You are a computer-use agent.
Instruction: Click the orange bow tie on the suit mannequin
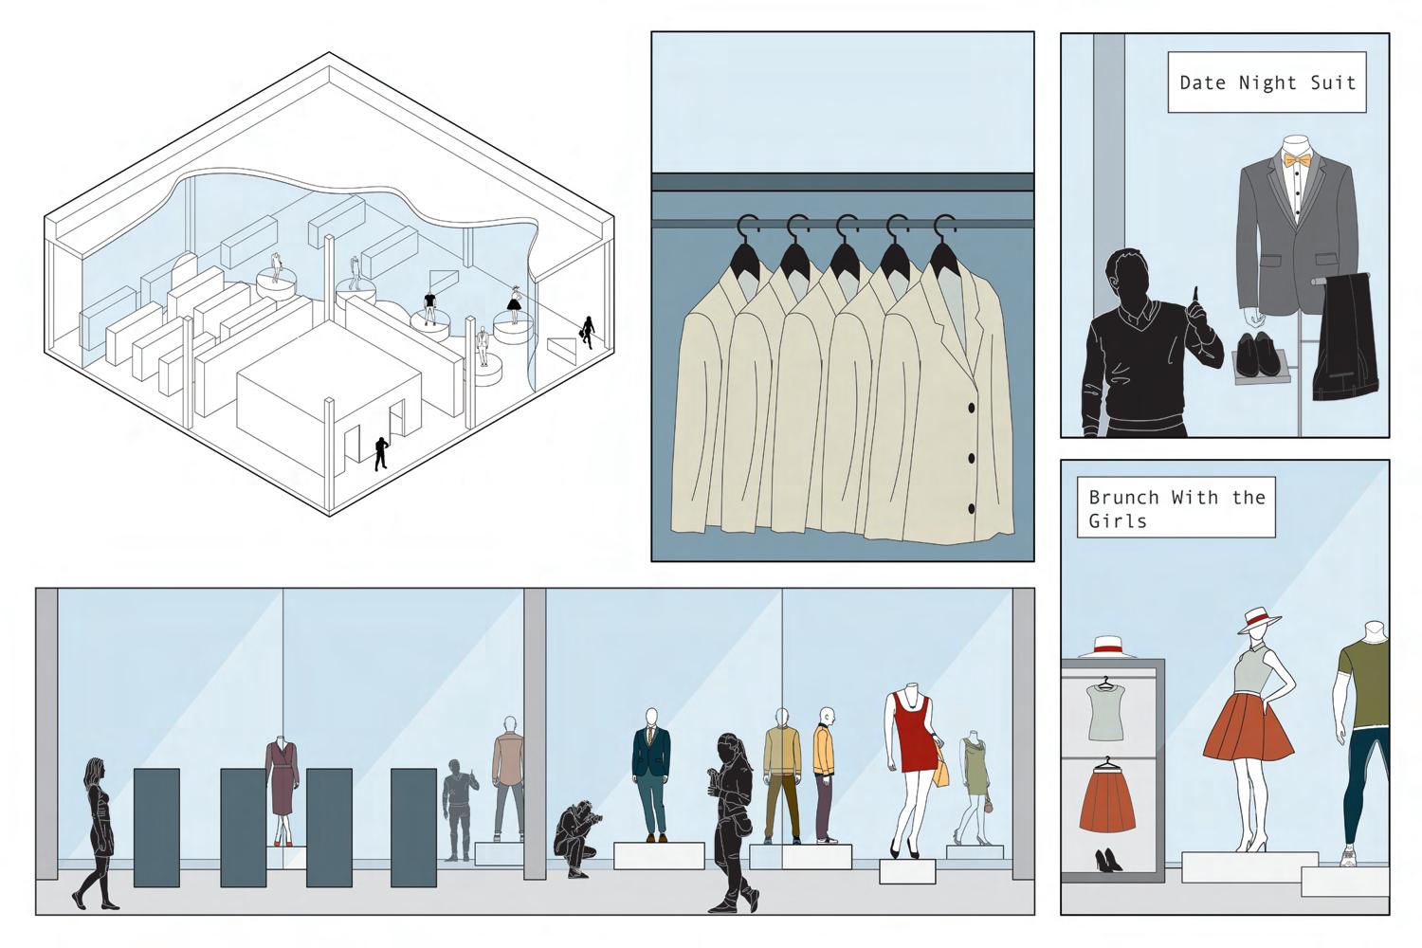pos(1296,161)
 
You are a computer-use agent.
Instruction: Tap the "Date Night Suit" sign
pos(1267,82)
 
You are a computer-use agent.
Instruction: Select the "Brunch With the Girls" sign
pos(1176,508)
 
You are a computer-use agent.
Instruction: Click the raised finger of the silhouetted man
pos(1197,296)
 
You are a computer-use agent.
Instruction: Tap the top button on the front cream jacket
pos(971,409)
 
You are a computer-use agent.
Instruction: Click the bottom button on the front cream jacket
pos(971,509)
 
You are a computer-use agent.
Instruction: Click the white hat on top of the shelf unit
pos(1106,647)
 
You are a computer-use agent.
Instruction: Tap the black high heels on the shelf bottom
pos(1107,860)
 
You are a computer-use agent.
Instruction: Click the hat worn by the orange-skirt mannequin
pos(1258,620)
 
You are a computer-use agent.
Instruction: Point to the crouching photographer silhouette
pos(575,837)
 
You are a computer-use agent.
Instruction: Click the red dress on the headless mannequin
pos(915,736)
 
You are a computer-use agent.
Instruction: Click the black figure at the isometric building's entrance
pos(380,453)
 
